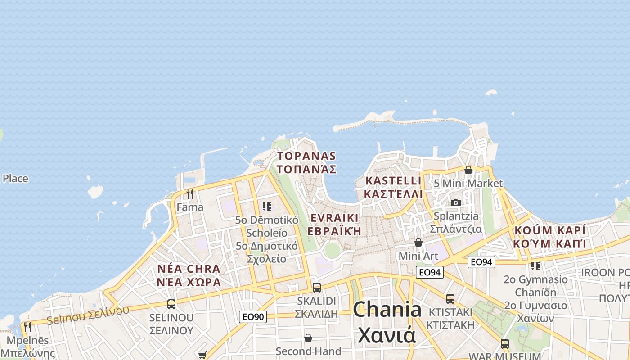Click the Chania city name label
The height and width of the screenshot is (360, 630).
point(387,322)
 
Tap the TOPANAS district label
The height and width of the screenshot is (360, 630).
point(307,162)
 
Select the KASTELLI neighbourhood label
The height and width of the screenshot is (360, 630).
point(394,187)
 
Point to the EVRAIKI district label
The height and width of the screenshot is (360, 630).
point(335,224)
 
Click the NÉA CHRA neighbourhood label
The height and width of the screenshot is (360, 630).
point(189,275)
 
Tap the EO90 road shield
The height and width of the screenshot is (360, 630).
point(252,317)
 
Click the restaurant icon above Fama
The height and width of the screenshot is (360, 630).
point(190,194)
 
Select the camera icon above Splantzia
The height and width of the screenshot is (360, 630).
point(456,202)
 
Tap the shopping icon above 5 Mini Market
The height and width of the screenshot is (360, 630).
point(468,170)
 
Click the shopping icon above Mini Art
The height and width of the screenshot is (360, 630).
point(418,243)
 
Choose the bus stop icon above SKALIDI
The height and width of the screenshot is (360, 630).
point(317,287)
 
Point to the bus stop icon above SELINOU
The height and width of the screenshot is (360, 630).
point(171,304)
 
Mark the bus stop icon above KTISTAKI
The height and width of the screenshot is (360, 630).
point(450,298)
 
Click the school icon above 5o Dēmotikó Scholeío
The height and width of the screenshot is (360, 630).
point(267,207)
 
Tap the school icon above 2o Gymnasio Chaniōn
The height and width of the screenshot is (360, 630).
point(535,265)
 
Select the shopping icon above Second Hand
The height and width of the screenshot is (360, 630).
point(308,337)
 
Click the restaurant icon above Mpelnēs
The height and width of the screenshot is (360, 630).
point(28,327)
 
